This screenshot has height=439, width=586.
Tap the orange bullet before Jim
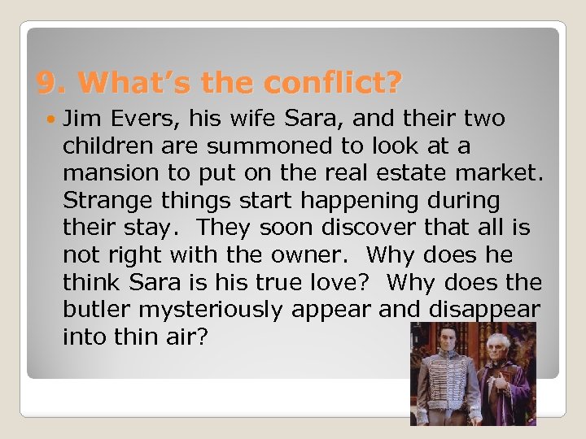[51, 120]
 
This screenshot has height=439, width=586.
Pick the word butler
[94, 310]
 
